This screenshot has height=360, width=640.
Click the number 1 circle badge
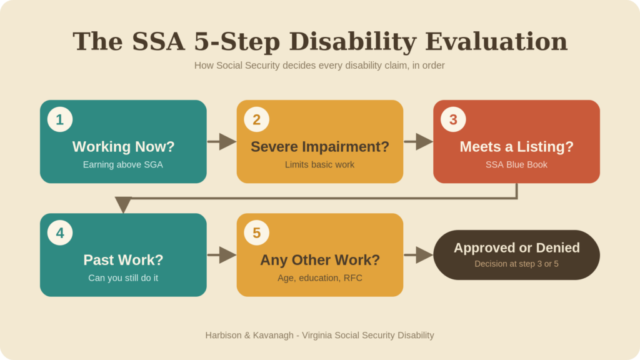[x=60, y=119]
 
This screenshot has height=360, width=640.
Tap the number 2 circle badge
[x=257, y=119]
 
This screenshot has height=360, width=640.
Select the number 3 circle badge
[x=454, y=119]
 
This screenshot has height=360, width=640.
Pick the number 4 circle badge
[x=60, y=232]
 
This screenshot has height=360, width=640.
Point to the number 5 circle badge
[x=257, y=232]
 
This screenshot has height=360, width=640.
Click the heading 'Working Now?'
[x=123, y=146]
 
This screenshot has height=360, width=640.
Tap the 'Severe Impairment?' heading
[x=320, y=147]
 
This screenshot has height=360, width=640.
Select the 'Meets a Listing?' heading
[x=517, y=147]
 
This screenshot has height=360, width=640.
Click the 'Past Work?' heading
[x=123, y=260]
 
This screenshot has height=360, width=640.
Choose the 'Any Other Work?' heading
[x=320, y=261]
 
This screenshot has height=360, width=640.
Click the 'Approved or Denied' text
[x=517, y=247]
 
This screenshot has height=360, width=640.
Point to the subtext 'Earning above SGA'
[x=123, y=164]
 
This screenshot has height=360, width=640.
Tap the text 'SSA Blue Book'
[x=516, y=164]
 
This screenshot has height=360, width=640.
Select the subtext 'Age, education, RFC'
[x=320, y=278]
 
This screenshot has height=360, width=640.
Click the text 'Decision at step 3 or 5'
[x=516, y=264]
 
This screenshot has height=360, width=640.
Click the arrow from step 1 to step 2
[x=222, y=142]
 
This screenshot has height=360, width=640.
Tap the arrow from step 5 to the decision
[x=418, y=255]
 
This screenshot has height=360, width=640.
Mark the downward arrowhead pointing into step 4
[x=123, y=204]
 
